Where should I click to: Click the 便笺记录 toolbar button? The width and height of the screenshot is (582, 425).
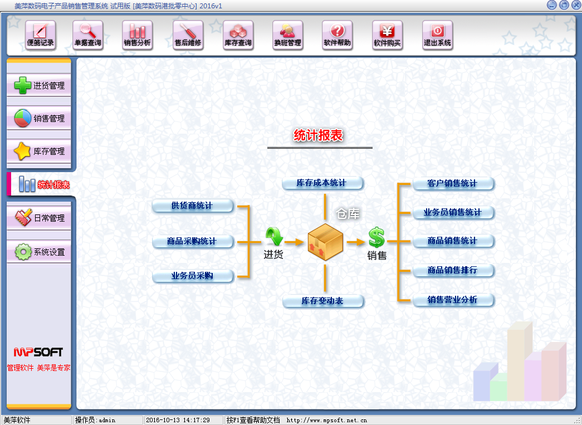coord(41,35)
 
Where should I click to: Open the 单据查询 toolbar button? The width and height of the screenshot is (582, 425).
coord(87,35)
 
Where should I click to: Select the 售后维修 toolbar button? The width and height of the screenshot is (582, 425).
coord(188,35)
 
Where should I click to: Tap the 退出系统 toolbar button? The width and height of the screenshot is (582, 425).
coord(437,35)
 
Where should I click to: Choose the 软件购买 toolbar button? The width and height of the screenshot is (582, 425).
coord(387,35)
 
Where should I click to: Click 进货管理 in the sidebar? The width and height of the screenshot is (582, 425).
coord(39,85)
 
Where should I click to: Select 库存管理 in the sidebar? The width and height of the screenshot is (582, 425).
coord(39,151)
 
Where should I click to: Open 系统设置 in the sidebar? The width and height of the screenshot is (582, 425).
coord(39,252)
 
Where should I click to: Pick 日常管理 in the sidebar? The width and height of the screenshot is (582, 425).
coord(39,218)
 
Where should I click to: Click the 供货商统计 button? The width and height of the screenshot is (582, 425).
coord(193,206)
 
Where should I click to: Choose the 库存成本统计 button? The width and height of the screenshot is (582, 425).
coord(322,183)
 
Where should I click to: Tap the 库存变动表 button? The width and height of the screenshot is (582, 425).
coord(322,301)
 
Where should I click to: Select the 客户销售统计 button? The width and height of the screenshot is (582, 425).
coord(453,183)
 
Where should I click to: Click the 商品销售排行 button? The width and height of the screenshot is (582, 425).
coord(453,270)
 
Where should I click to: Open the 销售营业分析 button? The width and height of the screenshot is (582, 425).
coord(453,300)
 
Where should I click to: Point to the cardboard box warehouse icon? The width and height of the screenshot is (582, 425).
coord(325,242)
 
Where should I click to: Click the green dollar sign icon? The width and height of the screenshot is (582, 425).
coord(376,237)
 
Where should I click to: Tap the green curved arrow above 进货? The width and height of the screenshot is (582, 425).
coord(275,237)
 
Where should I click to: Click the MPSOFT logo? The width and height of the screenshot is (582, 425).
coord(38,352)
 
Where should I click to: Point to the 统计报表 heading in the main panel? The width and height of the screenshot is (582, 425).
coord(318,135)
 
